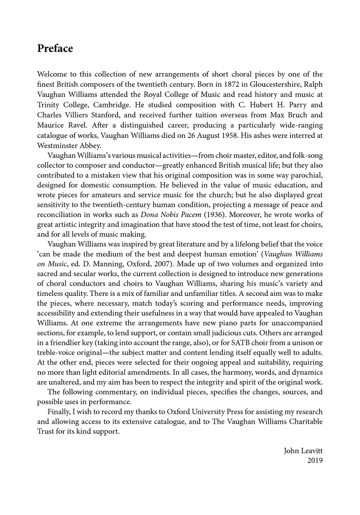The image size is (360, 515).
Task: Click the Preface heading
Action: [x=55, y=49]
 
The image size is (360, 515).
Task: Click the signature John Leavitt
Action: [x=303, y=451]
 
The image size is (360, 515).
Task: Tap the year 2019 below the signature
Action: [x=315, y=460]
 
